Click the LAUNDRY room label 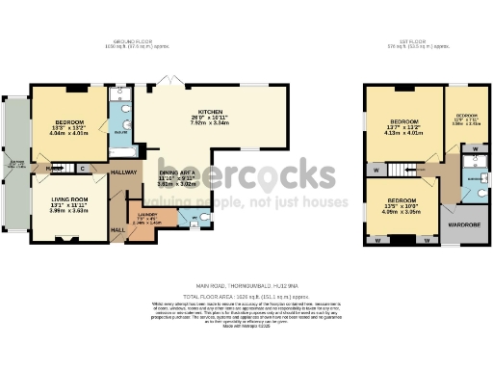tap(147, 214)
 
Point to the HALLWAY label tap(124, 171)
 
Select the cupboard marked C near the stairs tap(82, 169)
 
